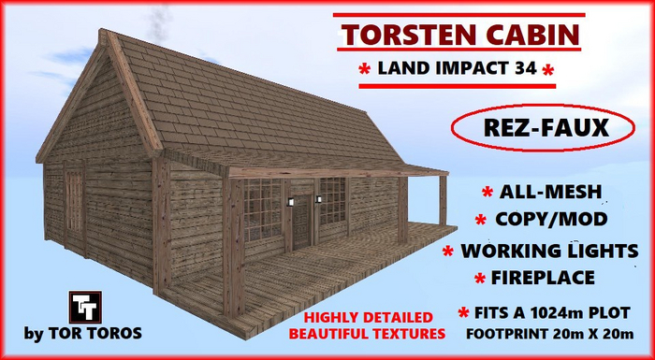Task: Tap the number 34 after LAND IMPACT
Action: click(528, 69)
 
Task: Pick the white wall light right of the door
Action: click(317, 199)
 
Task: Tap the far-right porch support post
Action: click(441, 200)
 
